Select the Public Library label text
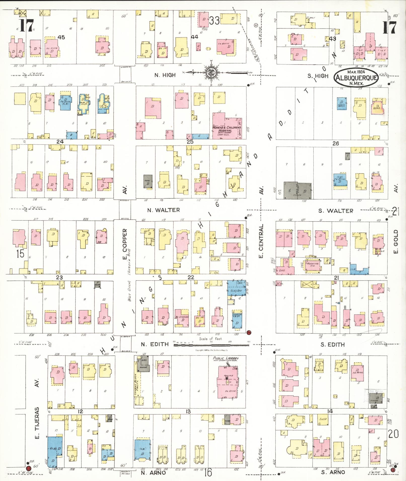pos(226,358)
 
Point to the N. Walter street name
pos(164,210)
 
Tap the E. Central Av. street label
pos(261,241)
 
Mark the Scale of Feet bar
pos(211,345)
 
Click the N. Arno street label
pos(153,472)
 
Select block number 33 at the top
pos(215,21)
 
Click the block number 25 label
pos(190,142)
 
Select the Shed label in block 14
pos(323,419)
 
